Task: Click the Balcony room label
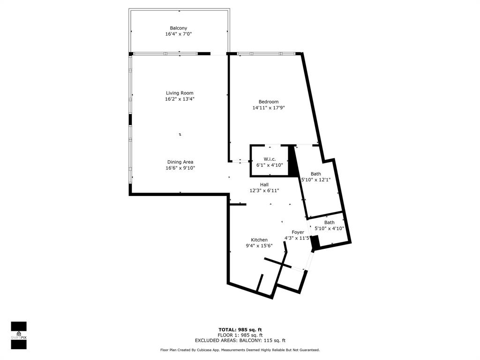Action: pyautogui.click(x=179, y=28)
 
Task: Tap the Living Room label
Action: pyautogui.click(x=180, y=93)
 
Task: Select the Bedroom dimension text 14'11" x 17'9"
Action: pyautogui.click(x=269, y=108)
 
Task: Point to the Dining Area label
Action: pyautogui.click(x=180, y=162)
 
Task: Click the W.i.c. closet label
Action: pyautogui.click(x=270, y=159)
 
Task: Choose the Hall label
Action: pyautogui.click(x=264, y=185)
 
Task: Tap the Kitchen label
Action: pyautogui.click(x=259, y=240)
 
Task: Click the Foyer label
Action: pyautogui.click(x=298, y=232)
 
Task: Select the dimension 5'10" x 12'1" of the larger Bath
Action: pyautogui.click(x=316, y=180)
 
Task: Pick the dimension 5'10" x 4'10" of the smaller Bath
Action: pyautogui.click(x=330, y=228)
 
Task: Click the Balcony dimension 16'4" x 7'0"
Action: pyautogui.click(x=179, y=34)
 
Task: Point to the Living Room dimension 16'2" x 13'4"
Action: pyautogui.click(x=180, y=99)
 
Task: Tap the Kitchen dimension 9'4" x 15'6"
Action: pyautogui.click(x=259, y=246)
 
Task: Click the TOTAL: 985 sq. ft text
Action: pyautogui.click(x=240, y=330)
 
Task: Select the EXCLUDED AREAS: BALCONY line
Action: pyautogui.click(x=240, y=340)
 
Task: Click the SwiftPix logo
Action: pyautogui.click(x=19, y=335)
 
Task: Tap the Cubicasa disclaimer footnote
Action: pyautogui.click(x=240, y=350)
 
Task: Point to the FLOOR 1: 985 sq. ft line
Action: pyautogui.click(x=240, y=335)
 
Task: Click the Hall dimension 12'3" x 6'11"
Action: pyautogui.click(x=264, y=191)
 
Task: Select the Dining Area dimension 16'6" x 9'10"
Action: pyautogui.click(x=180, y=168)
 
